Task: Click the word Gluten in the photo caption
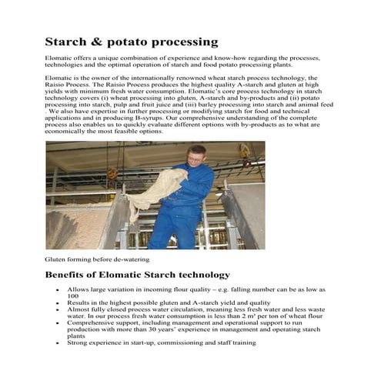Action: (x=55, y=259)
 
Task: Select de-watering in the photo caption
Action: (x=130, y=259)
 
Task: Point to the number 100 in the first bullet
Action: (x=73, y=296)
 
